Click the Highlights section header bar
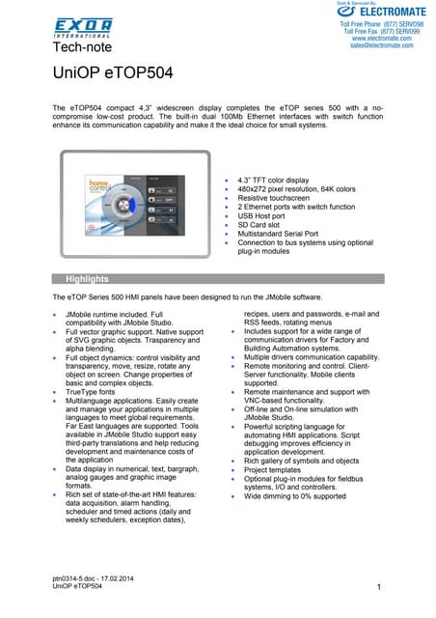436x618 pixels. coord(217,278)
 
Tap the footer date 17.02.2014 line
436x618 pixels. coord(95,576)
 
